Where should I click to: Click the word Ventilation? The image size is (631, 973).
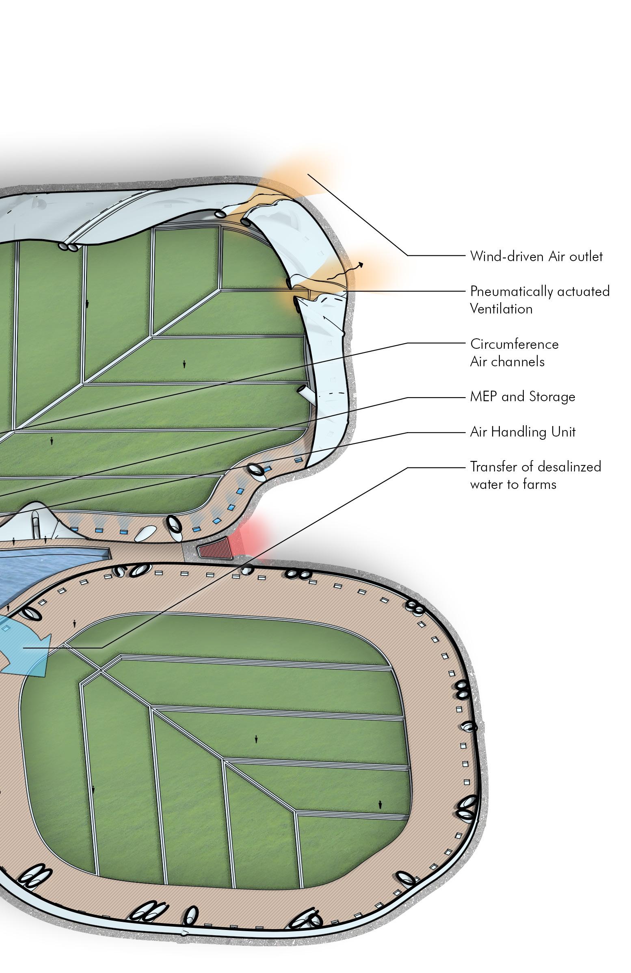501,309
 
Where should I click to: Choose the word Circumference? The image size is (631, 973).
514,344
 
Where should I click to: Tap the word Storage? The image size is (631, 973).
552,397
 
